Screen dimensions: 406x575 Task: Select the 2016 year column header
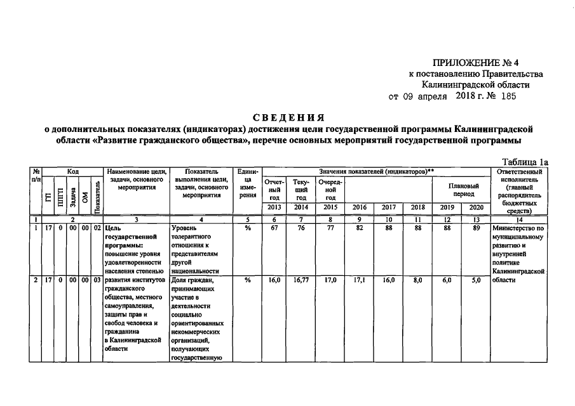[360, 207]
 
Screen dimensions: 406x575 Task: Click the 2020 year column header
[476, 207]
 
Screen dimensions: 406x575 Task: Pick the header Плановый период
[463, 190]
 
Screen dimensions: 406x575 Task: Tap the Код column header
[72, 171]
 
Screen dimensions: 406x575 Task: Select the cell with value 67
[274, 227]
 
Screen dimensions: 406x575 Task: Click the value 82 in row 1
[360, 227]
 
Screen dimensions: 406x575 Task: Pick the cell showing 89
[476, 227]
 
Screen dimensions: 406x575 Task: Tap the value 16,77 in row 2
[302, 280]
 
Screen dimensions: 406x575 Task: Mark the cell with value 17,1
[360, 280]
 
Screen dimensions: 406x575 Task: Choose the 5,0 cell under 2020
[476, 280]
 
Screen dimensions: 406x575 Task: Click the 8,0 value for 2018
[418, 280]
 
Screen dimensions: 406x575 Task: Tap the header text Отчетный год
[274, 190]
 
